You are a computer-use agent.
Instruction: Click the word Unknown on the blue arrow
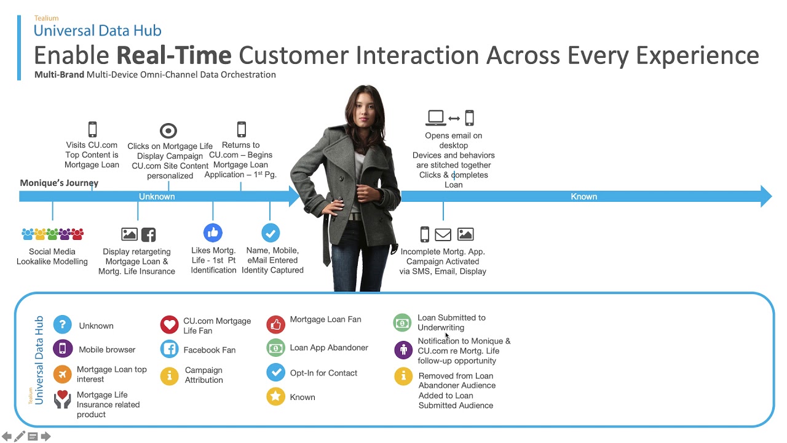157,196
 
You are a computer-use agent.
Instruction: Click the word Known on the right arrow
583,196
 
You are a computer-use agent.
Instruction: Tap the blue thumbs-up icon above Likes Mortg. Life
213,233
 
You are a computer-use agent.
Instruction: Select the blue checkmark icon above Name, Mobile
271,233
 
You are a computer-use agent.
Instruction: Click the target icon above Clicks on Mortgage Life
168,130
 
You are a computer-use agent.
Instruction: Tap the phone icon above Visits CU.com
92,129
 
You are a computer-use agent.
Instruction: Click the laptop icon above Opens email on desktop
436,118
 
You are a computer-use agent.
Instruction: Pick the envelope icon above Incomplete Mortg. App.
443,234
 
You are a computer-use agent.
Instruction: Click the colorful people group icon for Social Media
52,234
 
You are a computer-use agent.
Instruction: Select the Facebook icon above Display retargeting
148,234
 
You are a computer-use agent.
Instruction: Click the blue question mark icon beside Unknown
62,325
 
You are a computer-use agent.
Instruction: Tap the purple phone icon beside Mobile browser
62,349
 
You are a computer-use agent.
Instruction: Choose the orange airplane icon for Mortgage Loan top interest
62,374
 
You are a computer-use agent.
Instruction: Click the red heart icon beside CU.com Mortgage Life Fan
169,325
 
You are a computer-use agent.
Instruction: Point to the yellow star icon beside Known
275,397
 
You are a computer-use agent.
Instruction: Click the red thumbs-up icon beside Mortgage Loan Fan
275,324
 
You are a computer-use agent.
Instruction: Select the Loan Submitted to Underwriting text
451,322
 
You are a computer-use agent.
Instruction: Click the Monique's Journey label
59,183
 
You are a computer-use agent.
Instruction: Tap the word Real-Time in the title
174,55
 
